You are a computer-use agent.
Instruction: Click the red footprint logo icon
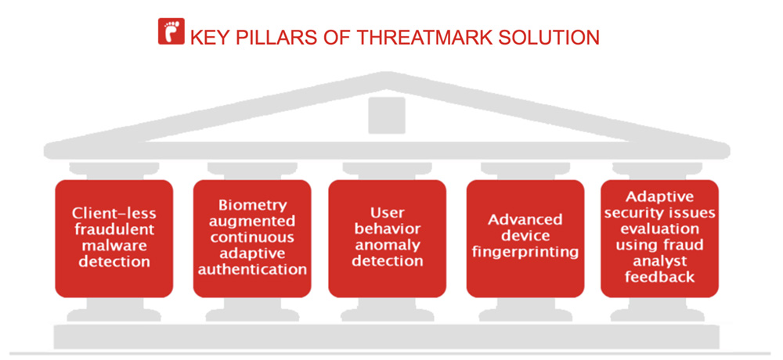coord(171,31)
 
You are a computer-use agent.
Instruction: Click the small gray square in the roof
coord(387,115)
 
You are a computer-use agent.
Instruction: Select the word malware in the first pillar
coord(114,246)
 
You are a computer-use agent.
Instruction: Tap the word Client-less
coord(114,213)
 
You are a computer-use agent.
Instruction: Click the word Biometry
coord(253,206)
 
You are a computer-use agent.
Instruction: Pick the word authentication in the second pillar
coord(252,270)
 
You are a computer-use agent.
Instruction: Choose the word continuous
coord(252,237)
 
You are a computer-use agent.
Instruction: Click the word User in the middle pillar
coord(387,213)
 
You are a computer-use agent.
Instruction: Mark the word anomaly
coord(387,246)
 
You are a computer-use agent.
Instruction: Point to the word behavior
coord(387,229)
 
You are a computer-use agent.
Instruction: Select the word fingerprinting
coord(525,253)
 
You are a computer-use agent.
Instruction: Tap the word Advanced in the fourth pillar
coord(525,220)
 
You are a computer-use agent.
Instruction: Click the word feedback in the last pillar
coord(659,277)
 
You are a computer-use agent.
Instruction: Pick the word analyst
coord(659,261)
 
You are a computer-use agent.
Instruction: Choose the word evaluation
coord(659,229)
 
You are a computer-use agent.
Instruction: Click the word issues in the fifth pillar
coord(693,213)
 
